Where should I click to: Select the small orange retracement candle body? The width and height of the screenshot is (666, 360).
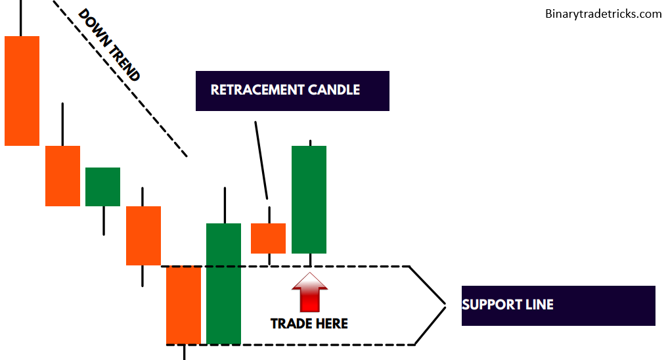(x=268, y=238)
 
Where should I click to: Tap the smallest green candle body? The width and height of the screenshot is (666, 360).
(x=102, y=187)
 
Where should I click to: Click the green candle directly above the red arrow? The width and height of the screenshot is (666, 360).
(x=309, y=199)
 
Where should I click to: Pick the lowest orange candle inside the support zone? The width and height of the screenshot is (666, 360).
(x=183, y=305)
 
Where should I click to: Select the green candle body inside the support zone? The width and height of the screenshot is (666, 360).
(x=223, y=283)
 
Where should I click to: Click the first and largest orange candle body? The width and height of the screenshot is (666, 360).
(x=22, y=91)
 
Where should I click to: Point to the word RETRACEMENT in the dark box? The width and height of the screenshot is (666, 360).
(x=252, y=90)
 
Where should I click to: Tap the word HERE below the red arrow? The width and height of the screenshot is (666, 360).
(x=332, y=323)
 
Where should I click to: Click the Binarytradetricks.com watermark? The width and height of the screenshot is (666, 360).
(x=603, y=13)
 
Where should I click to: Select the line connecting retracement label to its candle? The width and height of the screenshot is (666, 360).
(x=261, y=160)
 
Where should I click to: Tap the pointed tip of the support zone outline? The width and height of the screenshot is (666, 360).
(x=445, y=305)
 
